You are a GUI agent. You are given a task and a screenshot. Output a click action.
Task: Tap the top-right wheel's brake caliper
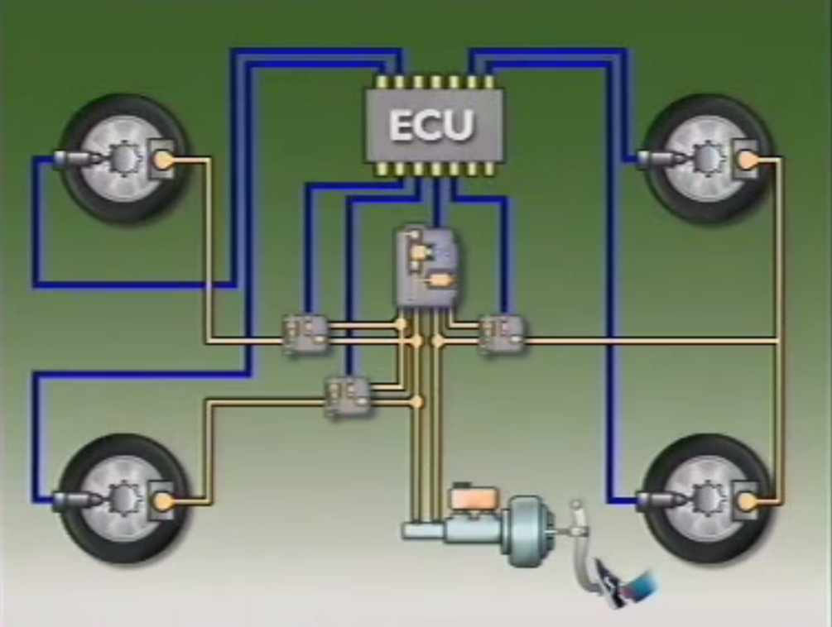[x=746, y=160]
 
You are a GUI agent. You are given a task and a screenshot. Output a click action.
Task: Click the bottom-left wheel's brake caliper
[x=162, y=500]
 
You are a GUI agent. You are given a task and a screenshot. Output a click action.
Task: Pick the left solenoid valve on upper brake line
[x=304, y=333]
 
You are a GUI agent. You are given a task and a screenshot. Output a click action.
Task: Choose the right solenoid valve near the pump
[x=502, y=333]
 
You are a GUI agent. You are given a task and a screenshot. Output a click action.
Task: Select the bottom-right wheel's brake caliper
[x=746, y=500]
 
